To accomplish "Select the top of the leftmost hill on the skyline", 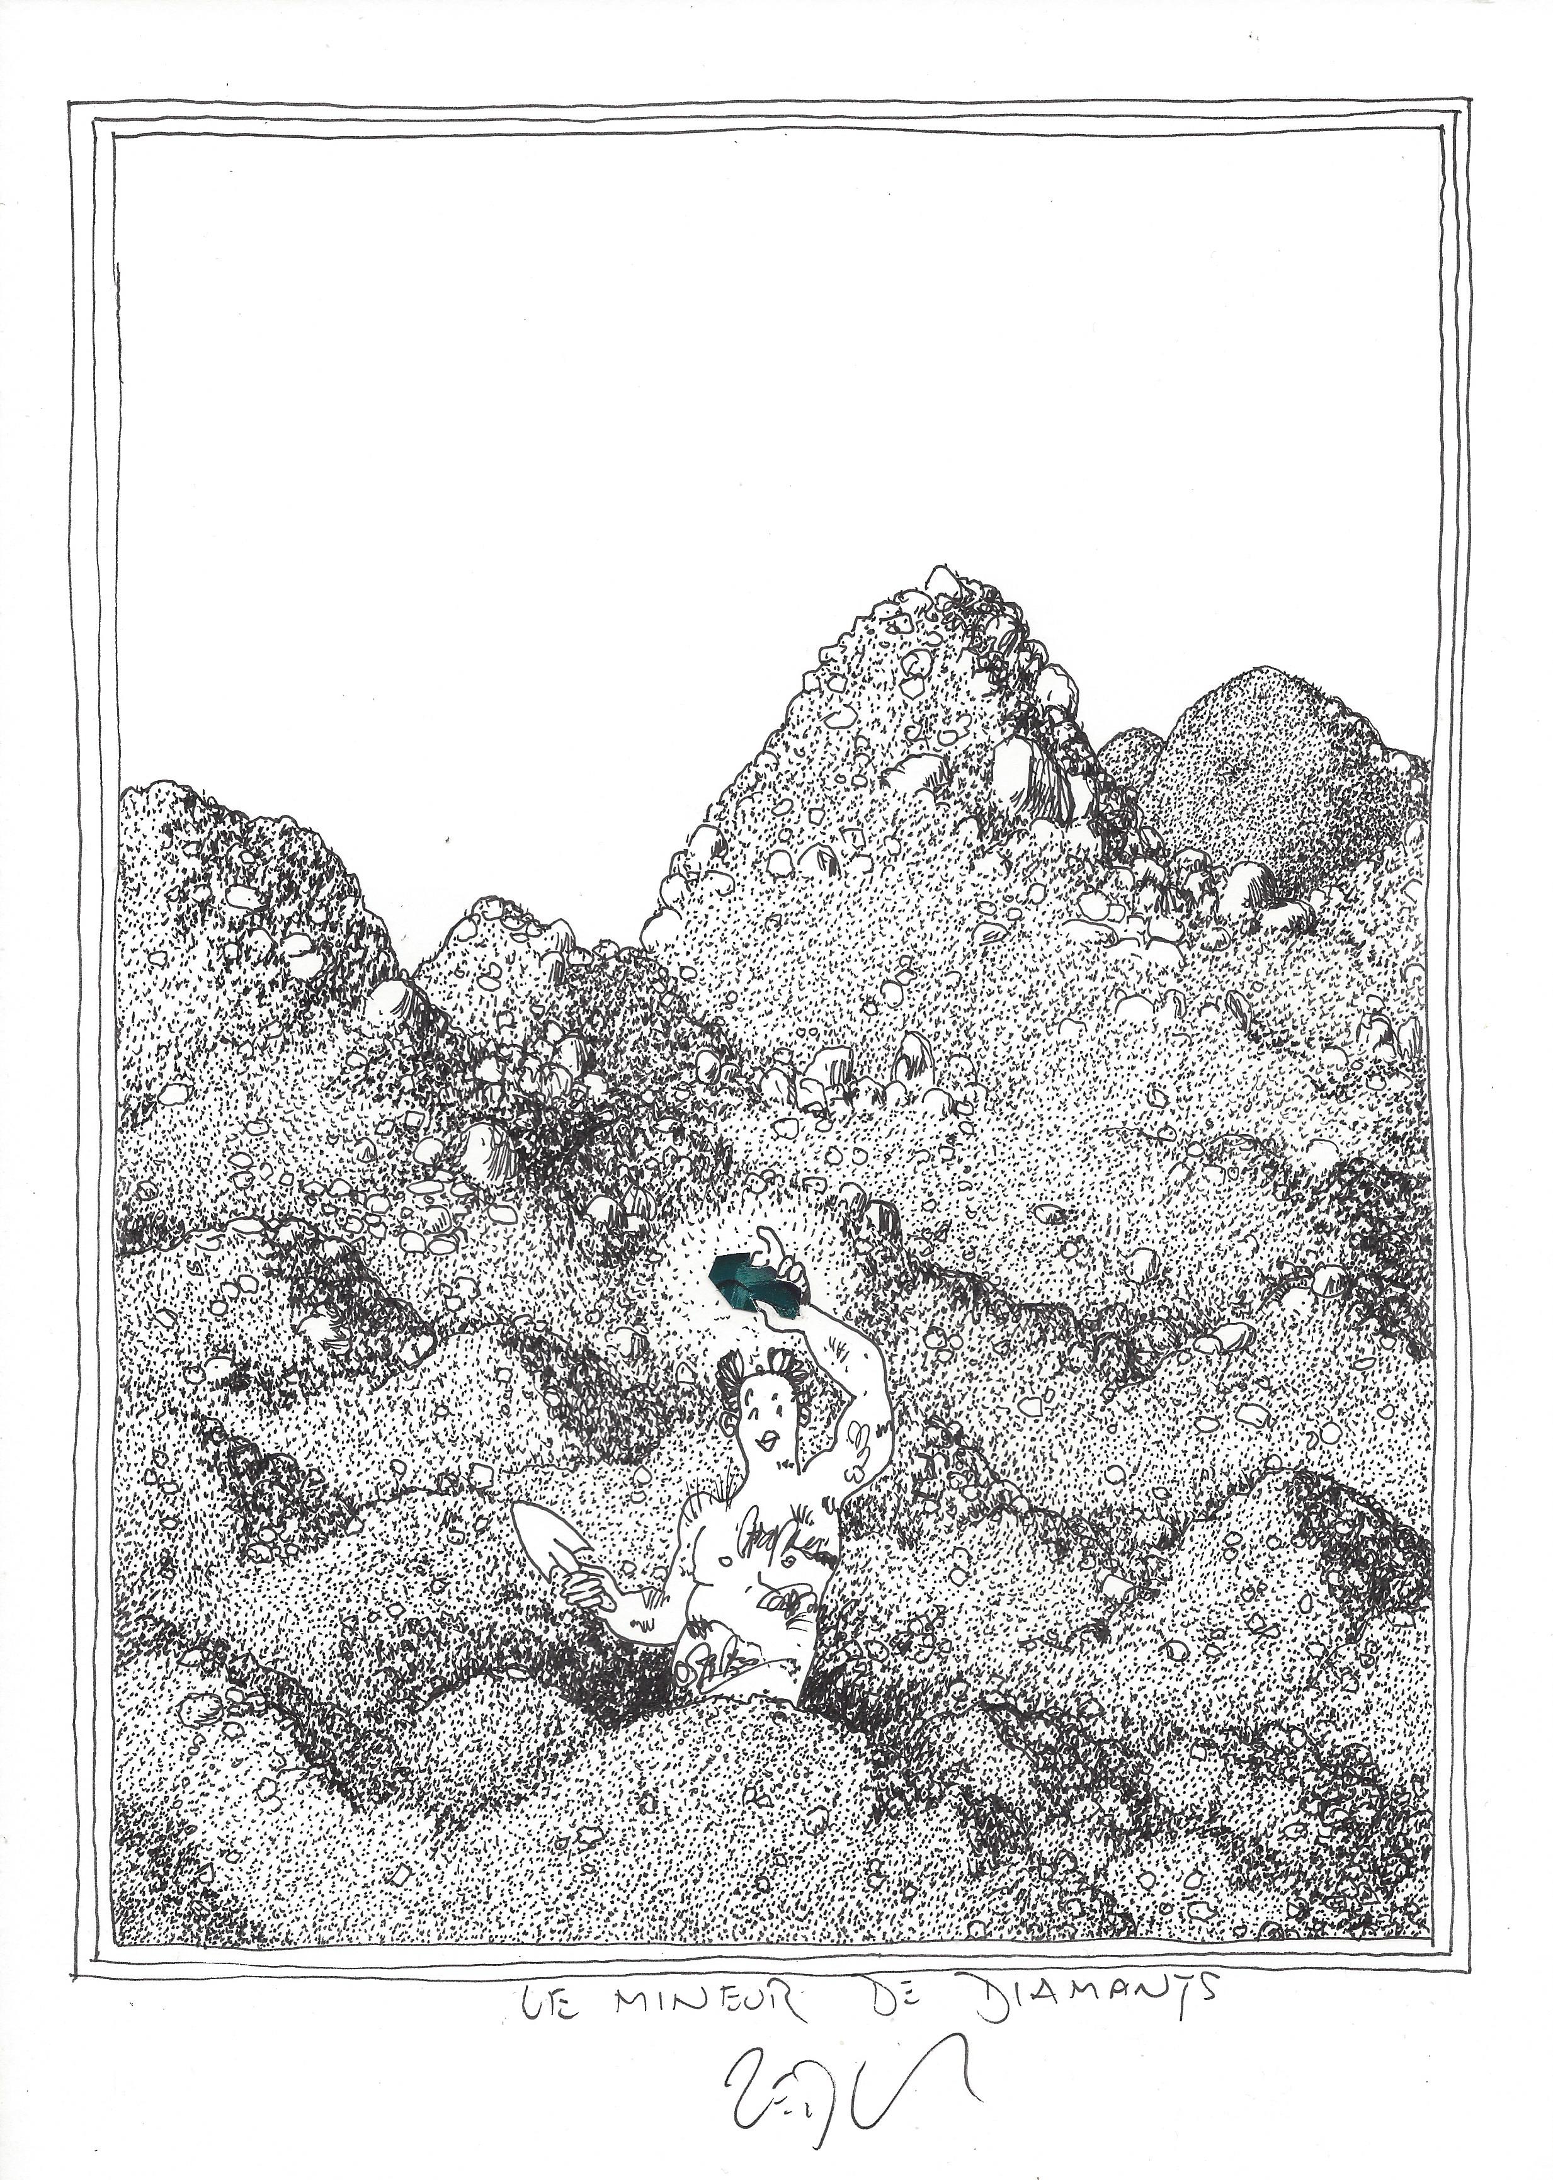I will point(172,786).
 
